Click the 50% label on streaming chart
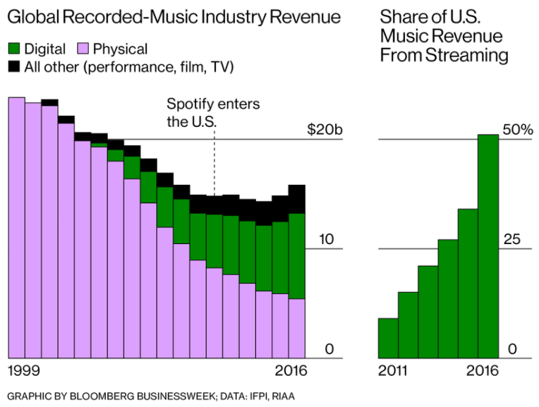coord(517,130)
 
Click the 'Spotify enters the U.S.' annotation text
coord(212,112)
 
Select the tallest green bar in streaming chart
coord(488,247)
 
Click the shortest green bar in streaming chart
coord(388,339)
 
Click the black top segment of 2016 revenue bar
coord(297,199)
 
